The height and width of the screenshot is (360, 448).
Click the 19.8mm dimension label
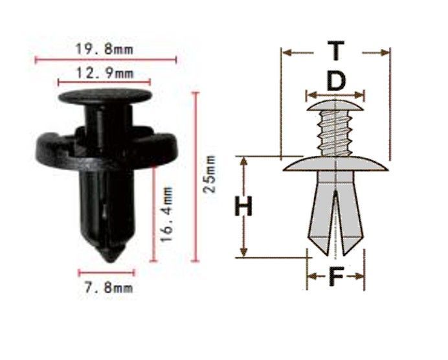pos(105,49)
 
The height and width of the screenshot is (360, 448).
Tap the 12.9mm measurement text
pos(105,73)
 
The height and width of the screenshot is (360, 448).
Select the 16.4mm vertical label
pos(166,214)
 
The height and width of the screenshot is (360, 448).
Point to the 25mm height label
pos(209,174)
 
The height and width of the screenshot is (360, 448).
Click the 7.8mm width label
pos(109,287)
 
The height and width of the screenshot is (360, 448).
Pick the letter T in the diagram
pos(336,51)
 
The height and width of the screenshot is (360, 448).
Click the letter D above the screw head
pos(336,81)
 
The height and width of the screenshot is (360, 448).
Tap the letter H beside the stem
pos(243,206)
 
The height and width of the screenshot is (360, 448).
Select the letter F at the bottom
pos(336,276)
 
